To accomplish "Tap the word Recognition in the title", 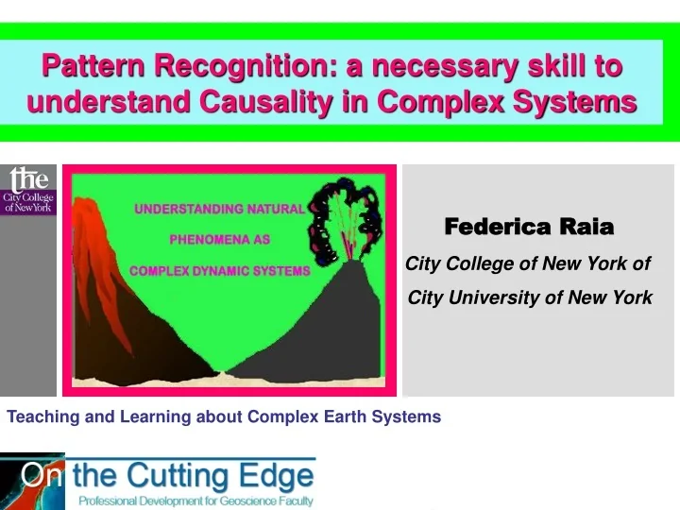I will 243,67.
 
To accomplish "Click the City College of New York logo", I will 31,191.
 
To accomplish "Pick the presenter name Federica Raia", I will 529,227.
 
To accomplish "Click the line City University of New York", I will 530,297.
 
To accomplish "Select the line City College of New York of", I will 527,263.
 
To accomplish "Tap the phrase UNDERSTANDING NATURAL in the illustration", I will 219,209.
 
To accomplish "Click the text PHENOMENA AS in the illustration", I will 220,240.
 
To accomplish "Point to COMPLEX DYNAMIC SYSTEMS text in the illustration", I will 220,271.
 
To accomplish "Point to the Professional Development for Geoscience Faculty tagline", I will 195,501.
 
